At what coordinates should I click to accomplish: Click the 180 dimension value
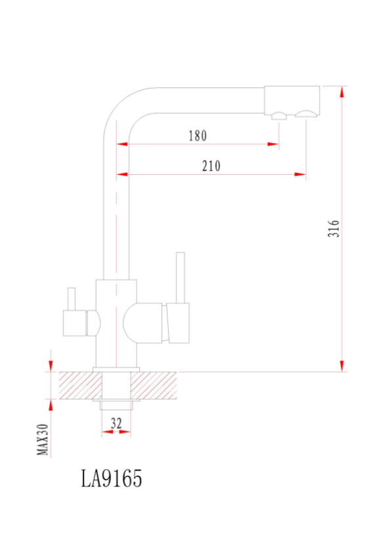click(197, 135)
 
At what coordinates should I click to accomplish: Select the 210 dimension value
click(211, 166)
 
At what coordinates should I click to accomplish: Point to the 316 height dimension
click(334, 228)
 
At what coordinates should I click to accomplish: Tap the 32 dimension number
click(116, 423)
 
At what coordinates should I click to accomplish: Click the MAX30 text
click(43, 439)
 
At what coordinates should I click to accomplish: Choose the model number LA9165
click(112, 479)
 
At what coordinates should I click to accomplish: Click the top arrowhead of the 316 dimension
click(342, 91)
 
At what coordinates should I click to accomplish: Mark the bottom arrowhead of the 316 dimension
click(342, 366)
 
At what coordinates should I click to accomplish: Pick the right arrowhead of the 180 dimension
click(273, 144)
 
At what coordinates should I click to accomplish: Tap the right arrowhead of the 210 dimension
click(300, 174)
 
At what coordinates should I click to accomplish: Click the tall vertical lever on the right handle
click(181, 277)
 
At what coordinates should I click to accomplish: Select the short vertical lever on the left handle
click(72, 299)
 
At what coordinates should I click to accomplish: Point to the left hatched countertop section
click(80, 385)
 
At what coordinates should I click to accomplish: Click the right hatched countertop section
click(154, 385)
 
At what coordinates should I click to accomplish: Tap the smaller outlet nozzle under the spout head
click(279, 116)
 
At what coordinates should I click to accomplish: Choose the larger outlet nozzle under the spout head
click(306, 114)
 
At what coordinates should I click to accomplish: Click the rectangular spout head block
click(292, 100)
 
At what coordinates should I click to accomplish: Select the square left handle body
click(75, 323)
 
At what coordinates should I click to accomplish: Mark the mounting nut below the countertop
click(116, 406)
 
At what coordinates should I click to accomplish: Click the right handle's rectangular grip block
click(179, 323)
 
